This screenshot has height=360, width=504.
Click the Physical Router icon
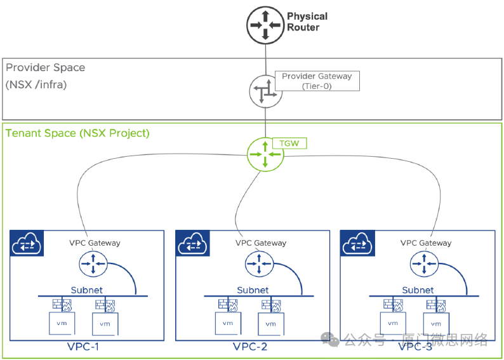click(265, 23)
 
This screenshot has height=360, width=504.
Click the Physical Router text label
click(307, 22)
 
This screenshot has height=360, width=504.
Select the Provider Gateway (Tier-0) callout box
click(317, 81)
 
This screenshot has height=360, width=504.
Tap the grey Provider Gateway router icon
click(265, 92)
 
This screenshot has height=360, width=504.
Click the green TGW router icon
click(265, 154)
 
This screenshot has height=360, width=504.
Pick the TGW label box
click(289, 143)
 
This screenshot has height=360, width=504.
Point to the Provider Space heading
click(46, 67)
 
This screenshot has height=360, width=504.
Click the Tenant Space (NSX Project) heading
click(77, 133)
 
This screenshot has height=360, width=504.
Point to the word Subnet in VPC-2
click(253, 290)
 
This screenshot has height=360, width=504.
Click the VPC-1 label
click(83, 347)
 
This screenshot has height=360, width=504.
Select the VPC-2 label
click(249, 347)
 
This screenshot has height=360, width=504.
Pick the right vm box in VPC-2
click(271, 323)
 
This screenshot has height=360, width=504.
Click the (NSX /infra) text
click(36, 84)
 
